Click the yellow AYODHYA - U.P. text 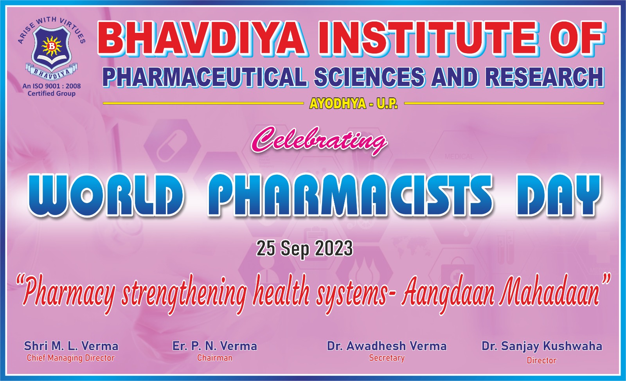[x=354, y=104]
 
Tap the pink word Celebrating [x=318, y=141]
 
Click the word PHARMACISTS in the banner [x=350, y=195]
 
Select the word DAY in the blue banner [x=558, y=195]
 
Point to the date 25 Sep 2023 [x=305, y=249]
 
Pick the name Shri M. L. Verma [x=71, y=346]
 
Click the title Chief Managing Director [x=71, y=358]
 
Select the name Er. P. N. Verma [x=215, y=346]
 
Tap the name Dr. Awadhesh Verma [x=387, y=346]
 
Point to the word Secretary [x=387, y=358]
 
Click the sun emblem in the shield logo [x=51, y=46]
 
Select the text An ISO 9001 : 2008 [x=52, y=86]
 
